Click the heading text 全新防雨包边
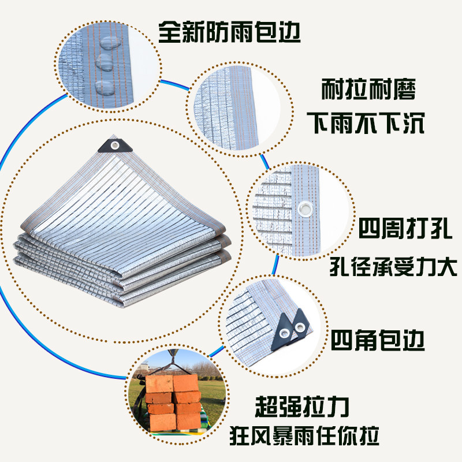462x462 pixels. pos(229,33)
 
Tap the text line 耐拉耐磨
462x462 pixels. pos(368,92)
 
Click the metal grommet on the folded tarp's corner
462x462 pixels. pos(115,144)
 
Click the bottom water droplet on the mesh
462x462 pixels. pos(105,88)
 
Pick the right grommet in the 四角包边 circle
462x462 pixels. pos(300,327)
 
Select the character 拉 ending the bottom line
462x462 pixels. pos(368,434)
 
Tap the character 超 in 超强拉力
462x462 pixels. pos(266,408)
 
